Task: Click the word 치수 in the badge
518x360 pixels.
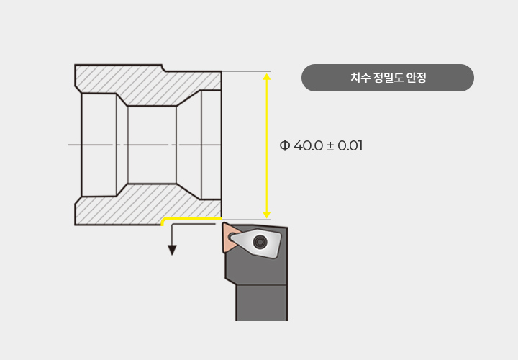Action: pyautogui.click(x=360, y=78)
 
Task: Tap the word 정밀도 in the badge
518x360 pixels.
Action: pyautogui.click(x=388, y=78)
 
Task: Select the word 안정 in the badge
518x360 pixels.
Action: pyautogui.click(x=417, y=78)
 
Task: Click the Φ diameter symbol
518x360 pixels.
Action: pyautogui.click(x=284, y=145)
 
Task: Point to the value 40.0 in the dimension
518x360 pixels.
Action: pyautogui.click(x=308, y=145)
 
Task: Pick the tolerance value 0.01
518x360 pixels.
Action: pyautogui.click(x=350, y=145)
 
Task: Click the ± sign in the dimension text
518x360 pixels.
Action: pyautogui.click(x=330, y=146)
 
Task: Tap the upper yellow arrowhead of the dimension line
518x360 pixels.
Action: pyautogui.click(x=267, y=77)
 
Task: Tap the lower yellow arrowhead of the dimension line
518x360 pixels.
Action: pyautogui.click(x=267, y=215)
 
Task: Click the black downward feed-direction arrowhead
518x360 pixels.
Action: pyautogui.click(x=172, y=251)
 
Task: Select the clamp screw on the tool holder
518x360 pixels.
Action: pyautogui.click(x=259, y=242)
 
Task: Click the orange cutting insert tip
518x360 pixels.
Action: pyautogui.click(x=230, y=237)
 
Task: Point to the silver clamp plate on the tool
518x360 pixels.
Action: pyautogui.click(x=256, y=243)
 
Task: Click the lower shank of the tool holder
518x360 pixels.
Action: pyautogui.click(x=261, y=302)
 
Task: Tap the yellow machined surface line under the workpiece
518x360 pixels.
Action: pyautogui.click(x=191, y=220)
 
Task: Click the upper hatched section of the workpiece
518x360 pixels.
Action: pyautogui.click(x=147, y=85)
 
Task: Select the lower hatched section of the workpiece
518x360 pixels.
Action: pyautogui.click(x=147, y=204)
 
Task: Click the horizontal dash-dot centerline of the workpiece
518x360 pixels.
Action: pyautogui.click(x=145, y=145)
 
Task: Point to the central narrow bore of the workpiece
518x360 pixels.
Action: pyautogui.click(x=152, y=145)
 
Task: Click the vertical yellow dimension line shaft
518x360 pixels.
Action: pyautogui.click(x=267, y=145)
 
